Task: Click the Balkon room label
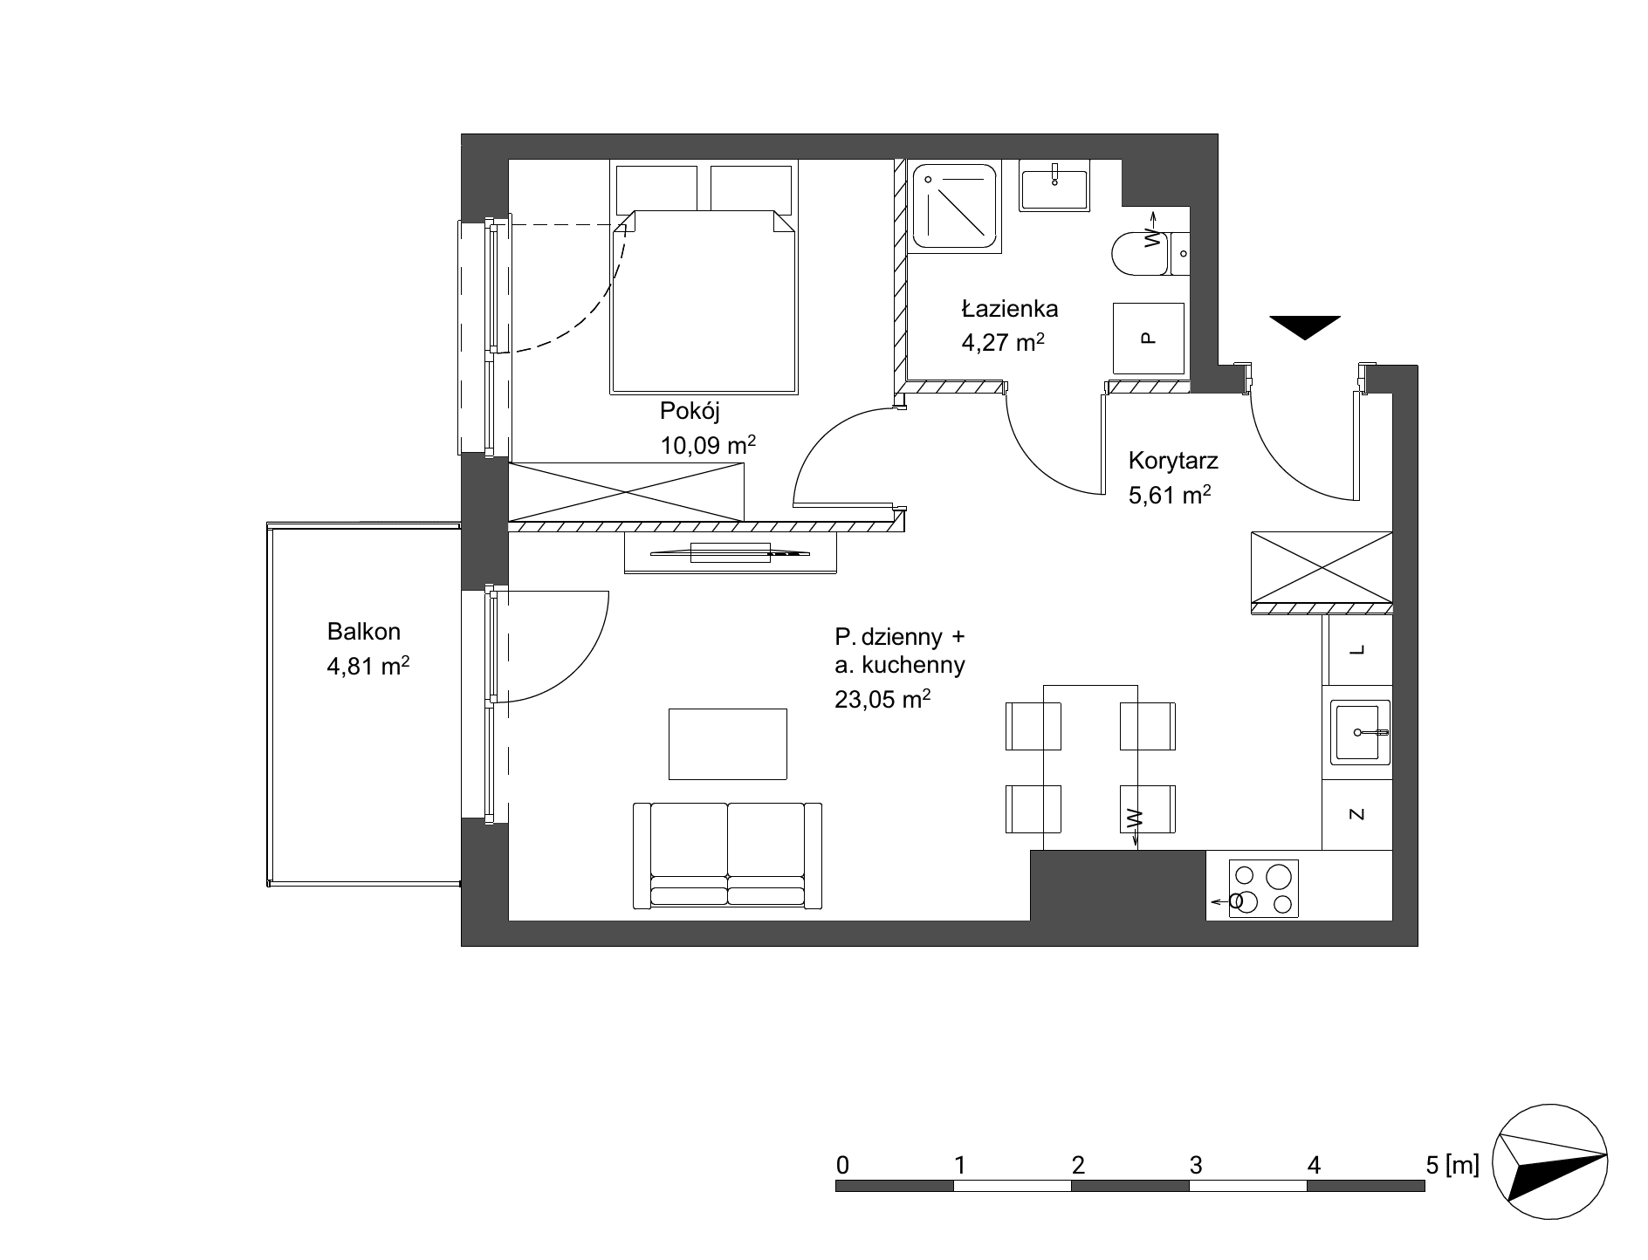[364, 631]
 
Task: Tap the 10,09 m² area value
[708, 445]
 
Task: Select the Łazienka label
[1010, 308]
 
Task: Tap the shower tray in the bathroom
[955, 207]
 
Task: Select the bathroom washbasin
[1054, 186]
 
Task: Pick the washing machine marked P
[1148, 338]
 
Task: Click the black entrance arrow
[1305, 326]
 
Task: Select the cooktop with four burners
[1263, 888]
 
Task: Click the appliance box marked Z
[1356, 814]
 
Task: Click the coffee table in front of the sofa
[728, 743]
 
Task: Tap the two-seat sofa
[727, 855]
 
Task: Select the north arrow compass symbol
[1549, 1165]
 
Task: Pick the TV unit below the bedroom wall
[730, 552]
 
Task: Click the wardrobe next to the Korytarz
[1322, 568]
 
